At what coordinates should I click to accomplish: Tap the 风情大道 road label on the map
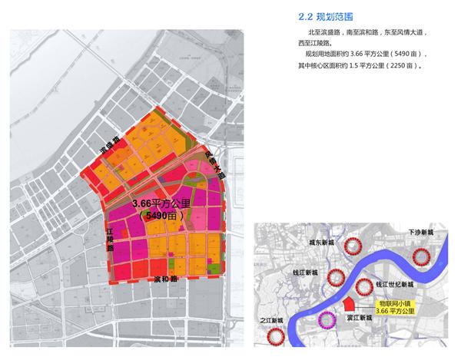[x=216, y=163]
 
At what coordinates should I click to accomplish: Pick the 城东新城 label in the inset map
[x=320, y=242]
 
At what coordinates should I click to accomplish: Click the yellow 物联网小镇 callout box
[x=393, y=308]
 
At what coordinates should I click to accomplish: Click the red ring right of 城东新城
[x=353, y=247]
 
